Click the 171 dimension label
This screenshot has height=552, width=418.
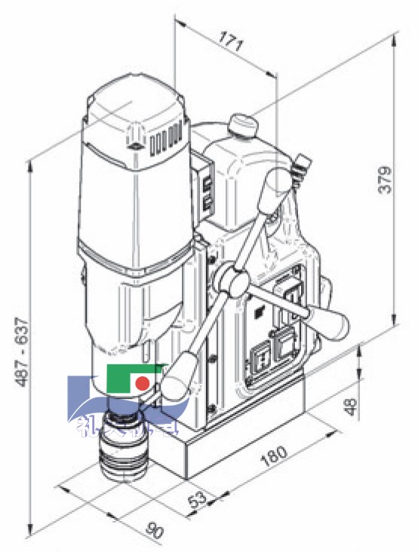(232, 41)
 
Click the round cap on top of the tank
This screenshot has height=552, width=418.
(242, 122)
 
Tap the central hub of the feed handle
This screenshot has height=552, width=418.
(230, 281)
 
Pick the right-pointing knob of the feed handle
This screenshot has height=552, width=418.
(330, 321)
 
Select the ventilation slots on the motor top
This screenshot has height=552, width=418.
(166, 140)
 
